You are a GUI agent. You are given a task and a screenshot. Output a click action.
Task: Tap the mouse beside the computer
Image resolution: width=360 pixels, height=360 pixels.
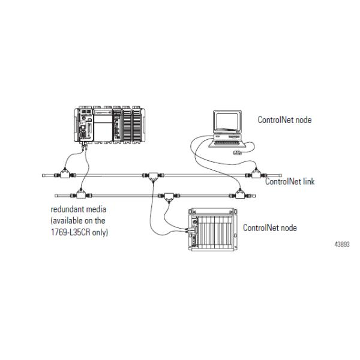[238, 154]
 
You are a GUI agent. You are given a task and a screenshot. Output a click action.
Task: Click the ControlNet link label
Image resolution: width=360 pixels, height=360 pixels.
[290, 182]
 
